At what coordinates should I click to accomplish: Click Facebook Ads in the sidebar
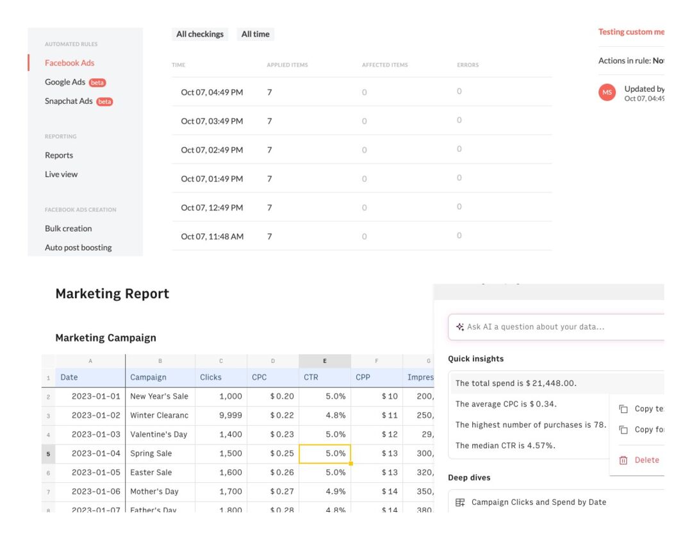click(x=69, y=63)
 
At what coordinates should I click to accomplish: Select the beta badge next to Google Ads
click(x=97, y=83)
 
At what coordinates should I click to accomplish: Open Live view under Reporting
click(x=61, y=174)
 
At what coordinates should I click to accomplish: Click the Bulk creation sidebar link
click(x=68, y=228)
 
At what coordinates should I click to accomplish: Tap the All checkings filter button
click(x=200, y=34)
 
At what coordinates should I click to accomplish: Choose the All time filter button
click(x=255, y=34)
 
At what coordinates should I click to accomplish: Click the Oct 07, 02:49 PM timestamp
click(x=211, y=150)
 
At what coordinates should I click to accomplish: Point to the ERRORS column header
click(x=467, y=65)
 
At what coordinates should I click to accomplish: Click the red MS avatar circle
click(x=607, y=92)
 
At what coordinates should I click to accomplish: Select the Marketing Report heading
click(x=112, y=294)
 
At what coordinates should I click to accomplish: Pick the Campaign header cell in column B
click(x=160, y=377)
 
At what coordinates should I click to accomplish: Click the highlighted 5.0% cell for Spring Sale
click(x=325, y=453)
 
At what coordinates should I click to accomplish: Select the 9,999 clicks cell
click(x=221, y=415)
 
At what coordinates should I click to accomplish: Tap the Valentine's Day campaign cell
click(x=160, y=434)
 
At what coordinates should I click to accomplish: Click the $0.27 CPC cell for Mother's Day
click(x=273, y=491)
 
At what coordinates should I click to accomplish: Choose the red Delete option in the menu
click(x=646, y=460)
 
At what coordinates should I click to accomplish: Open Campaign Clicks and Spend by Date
click(x=538, y=502)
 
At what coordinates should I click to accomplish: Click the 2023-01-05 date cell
click(x=90, y=472)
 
